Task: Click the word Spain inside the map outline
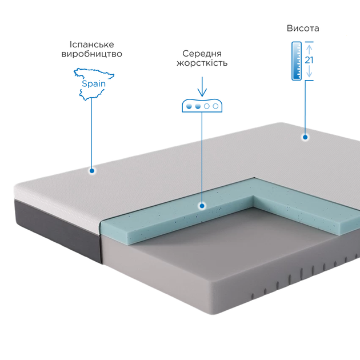point(94,83)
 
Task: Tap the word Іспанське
point(91,45)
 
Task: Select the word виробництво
point(91,54)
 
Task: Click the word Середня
point(202,54)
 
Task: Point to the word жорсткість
point(202,63)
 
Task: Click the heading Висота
point(303,28)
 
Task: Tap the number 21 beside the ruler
point(309,60)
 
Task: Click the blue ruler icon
point(297,61)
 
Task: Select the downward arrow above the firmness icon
point(202,87)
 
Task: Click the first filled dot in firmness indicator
point(189,106)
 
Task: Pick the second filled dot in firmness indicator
point(198,106)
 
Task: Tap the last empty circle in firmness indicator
point(215,106)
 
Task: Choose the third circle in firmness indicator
point(207,106)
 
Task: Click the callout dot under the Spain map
point(92,171)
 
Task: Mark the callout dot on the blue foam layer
point(202,206)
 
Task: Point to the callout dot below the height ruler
point(305,137)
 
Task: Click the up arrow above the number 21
point(309,50)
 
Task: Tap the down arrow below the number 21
point(309,71)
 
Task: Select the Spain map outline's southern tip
point(85,100)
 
